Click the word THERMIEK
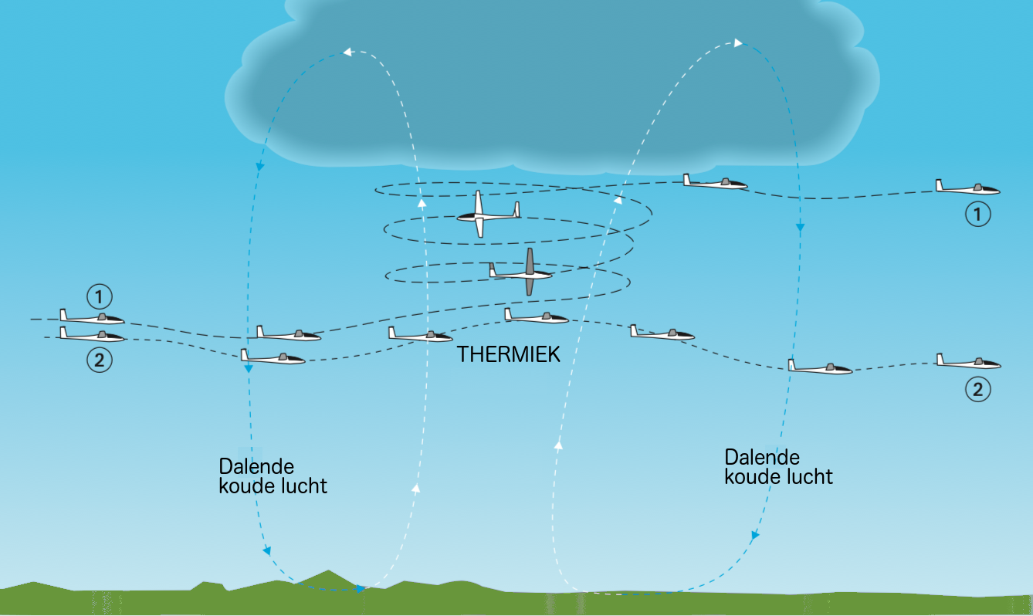[x=508, y=354]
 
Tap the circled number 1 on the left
[x=99, y=296]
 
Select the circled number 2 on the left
[x=99, y=360]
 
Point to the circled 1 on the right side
[x=977, y=215]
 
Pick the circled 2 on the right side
[x=977, y=389]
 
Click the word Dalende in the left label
[x=256, y=467]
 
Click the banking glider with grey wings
[x=525, y=272]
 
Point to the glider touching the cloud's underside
[x=714, y=183]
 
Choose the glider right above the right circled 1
[x=967, y=188]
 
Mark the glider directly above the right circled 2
[x=968, y=362]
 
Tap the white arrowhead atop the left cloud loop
[x=347, y=52]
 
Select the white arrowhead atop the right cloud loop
[x=739, y=42]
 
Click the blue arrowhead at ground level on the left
[x=361, y=589]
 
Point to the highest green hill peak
[x=330, y=572]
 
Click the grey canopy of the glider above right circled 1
[x=977, y=187]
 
